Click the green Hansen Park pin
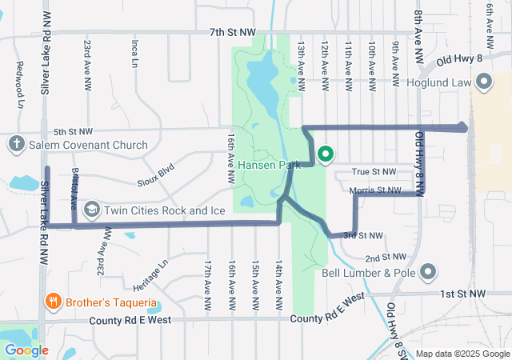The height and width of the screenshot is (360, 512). pyautogui.click(x=326, y=154)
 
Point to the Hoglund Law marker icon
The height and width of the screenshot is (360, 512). pyautogui.click(x=483, y=81)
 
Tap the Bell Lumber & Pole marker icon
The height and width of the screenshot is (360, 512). pyautogui.click(x=429, y=272)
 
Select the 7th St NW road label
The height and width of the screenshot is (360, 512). pyautogui.click(x=233, y=32)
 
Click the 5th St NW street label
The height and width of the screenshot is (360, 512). pyautogui.click(x=74, y=131)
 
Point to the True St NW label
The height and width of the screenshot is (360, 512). pyautogui.click(x=374, y=171)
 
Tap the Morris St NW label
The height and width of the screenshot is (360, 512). pyautogui.click(x=374, y=190)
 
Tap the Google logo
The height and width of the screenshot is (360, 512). pyautogui.click(x=26, y=350)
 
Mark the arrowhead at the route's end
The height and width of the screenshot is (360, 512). pyautogui.click(x=464, y=126)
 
